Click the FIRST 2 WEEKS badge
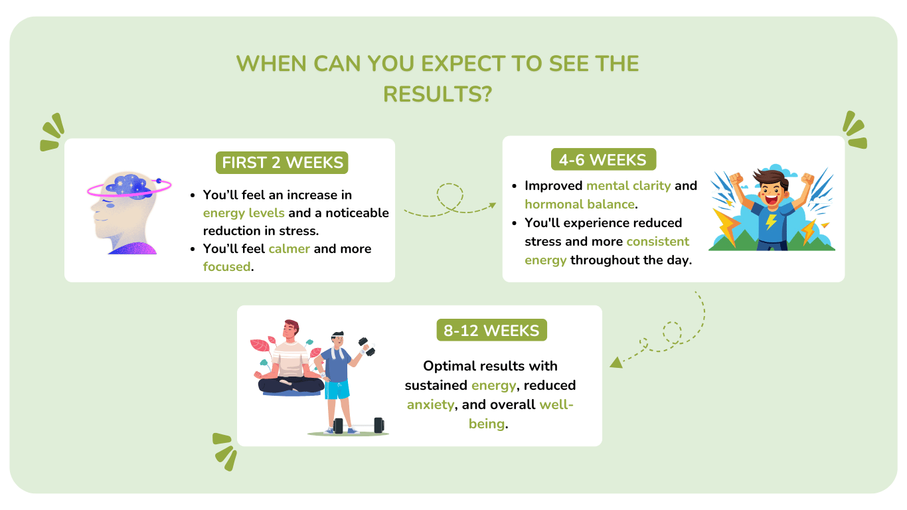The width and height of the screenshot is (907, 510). pos(282,163)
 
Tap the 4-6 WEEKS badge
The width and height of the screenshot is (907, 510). pos(604,159)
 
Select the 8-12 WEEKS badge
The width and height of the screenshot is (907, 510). pos(491,330)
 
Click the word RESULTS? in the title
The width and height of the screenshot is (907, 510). pos(438,94)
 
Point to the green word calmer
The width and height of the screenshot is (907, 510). pos(289,248)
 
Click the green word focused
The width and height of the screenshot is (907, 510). pos(227,266)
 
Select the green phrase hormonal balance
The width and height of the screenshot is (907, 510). pos(580,204)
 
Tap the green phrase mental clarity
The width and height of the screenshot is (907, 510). pos(628,186)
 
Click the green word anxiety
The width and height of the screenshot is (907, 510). pos(430,404)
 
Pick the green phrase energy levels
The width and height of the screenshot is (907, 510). pos(244,213)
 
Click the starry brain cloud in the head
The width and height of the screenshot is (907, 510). pos(130,186)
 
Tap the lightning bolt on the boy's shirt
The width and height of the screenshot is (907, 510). pos(771,221)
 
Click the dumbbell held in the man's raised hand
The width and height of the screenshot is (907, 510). pos(367,347)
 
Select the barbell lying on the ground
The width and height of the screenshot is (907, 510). pos(359,426)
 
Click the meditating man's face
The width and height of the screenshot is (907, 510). pos(291,331)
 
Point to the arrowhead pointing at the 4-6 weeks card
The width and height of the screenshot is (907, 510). pos(493,205)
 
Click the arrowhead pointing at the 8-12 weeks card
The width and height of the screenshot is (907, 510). pos(616,363)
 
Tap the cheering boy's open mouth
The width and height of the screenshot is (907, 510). pos(772,200)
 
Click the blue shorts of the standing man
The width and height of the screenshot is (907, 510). pos(337,390)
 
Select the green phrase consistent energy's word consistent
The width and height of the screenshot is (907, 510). pos(657,242)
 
